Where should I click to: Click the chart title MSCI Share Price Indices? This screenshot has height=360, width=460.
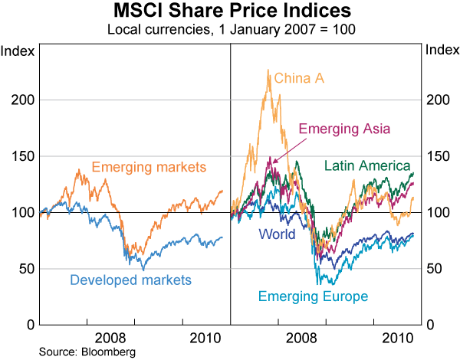(x=229, y=12)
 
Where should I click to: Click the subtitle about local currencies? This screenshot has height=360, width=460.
(x=229, y=30)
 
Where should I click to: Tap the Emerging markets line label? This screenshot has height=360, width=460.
(x=149, y=167)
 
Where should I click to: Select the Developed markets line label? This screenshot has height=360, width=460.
(x=130, y=280)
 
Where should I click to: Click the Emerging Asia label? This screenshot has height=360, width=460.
(x=344, y=129)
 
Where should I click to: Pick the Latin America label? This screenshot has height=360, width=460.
(x=368, y=165)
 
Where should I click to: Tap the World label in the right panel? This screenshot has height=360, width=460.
(x=278, y=234)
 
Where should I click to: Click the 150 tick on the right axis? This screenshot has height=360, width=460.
(x=435, y=156)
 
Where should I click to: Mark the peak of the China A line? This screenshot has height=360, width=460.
(x=268, y=70)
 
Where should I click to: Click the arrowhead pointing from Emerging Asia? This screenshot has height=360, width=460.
(x=271, y=162)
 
